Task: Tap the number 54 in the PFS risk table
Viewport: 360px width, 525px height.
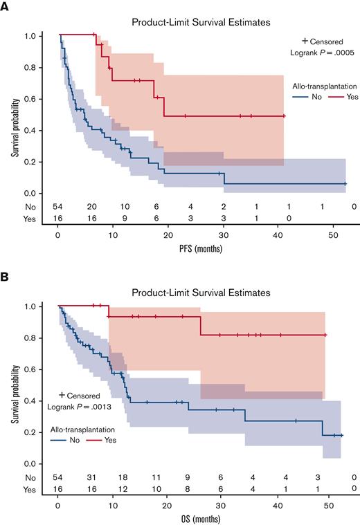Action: point(58,207)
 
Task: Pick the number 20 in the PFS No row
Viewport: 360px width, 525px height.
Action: point(91,207)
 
